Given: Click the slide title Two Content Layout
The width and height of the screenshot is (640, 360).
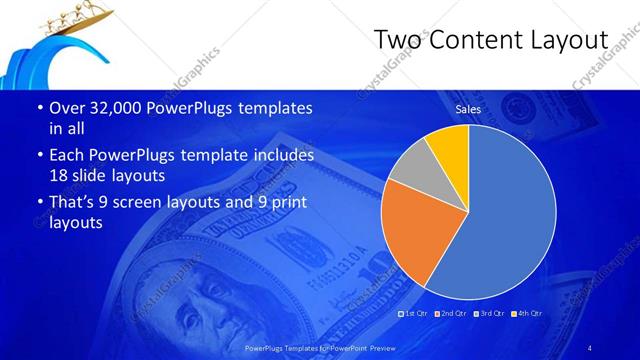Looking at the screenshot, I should click(x=490, y=39).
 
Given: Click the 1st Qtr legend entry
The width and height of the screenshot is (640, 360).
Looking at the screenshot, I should click(x=414, y=314).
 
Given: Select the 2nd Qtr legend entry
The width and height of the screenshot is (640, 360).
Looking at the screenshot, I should click(x=451, y=314).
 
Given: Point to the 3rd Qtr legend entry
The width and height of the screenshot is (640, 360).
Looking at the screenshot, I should click(x=488, y=314).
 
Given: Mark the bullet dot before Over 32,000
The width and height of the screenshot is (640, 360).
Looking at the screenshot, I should click(x=38, y=108).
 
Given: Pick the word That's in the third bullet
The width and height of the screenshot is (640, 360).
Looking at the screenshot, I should click(x=76, y=203).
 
